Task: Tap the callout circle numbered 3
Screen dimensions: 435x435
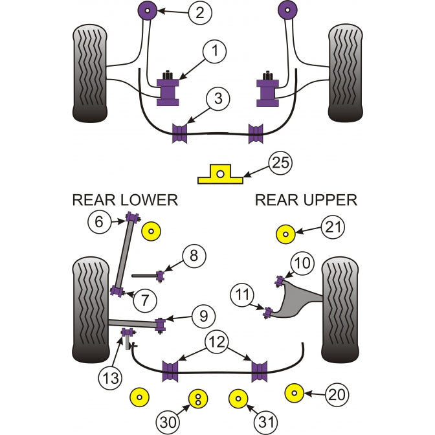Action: coord(218,99)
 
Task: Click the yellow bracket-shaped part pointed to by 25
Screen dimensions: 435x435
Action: coord(220,173)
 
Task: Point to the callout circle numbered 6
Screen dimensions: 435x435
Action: coord(99,222)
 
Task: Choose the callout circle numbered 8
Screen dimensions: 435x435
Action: coord(192,256)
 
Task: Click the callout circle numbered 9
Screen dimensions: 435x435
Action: coord(202,316)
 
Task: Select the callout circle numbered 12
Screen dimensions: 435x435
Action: coord(217,340)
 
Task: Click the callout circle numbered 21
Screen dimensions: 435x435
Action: coord(335,227)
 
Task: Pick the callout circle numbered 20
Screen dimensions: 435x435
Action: coord(336,393)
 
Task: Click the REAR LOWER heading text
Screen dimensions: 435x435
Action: coord(124,200)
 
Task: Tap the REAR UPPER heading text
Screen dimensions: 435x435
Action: coord(306,200)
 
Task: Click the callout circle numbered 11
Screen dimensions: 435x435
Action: coord(243,296)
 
